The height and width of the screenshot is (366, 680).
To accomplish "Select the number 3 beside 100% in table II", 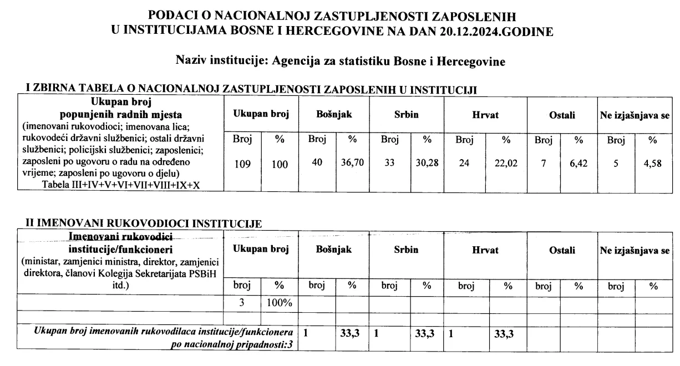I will pyautogui.click(x=242, y=303).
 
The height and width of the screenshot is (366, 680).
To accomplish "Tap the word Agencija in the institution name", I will pyautogui.click(x=296, y=61).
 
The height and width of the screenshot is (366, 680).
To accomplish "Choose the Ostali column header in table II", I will pyautogui.click(x=562, y=250).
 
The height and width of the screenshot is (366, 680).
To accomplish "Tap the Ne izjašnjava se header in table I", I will pyautogui.click(x=634, y=115).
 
